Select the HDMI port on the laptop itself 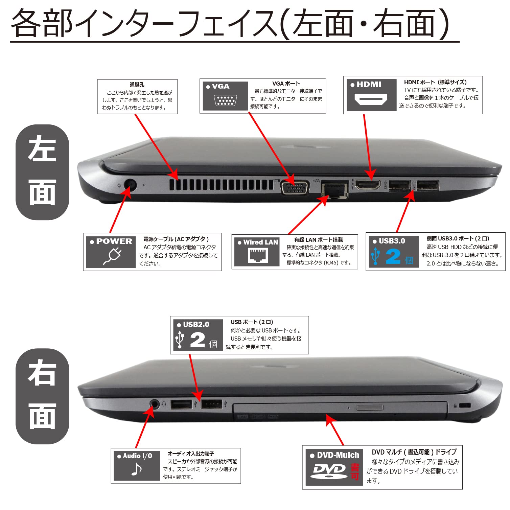click(368, 185)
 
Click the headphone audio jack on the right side click(154, 404)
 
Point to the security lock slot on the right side click(466, 405)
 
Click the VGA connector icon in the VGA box click(225, 101)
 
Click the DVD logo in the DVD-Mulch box click(329, 471)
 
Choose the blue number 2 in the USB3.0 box click(393, 257)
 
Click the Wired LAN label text click(260, 242)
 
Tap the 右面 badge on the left click(42, 396)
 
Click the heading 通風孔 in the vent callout click(137, 85)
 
